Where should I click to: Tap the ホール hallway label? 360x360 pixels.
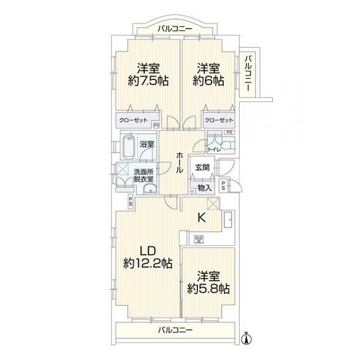pos(179,162)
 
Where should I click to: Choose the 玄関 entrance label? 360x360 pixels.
pos(202,167)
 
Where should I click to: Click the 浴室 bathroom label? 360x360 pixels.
pos(147,145)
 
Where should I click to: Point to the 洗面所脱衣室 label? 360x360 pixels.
pos(143,175)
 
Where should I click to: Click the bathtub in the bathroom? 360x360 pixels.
pos(129,147)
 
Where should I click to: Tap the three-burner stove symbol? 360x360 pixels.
pos(199,239)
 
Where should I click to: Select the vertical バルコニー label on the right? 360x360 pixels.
pos(248,73)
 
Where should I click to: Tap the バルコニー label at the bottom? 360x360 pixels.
pos(174,330)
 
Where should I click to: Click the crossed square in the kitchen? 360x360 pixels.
pos(213,204)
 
